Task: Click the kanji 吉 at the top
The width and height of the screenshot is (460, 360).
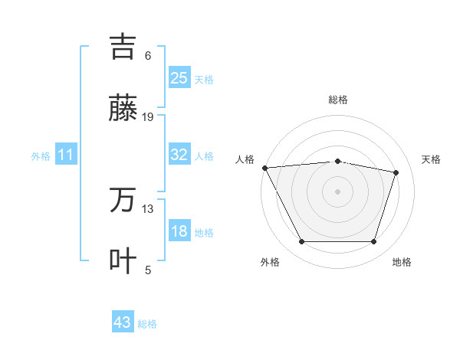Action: (x=123, y=47)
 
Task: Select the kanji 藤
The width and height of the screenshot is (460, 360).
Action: (x=123, y=110)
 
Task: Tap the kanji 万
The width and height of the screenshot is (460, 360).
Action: (x=123, y=201)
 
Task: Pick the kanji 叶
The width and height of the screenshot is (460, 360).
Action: (x=123, y=261)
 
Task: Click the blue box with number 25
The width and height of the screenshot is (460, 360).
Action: (x=179, y=77)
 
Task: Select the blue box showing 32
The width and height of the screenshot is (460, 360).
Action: (x=179, y=155)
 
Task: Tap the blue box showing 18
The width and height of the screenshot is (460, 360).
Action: (x=179, y=231)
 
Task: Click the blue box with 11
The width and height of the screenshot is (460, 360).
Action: (x=66, y=155)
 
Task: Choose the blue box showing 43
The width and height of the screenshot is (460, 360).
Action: (x=123, y=322)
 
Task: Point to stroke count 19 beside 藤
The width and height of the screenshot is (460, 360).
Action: (x=148, y=117)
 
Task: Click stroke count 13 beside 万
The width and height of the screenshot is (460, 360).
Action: (x=148, y=208)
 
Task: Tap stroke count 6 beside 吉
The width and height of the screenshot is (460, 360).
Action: (x=148, y=56)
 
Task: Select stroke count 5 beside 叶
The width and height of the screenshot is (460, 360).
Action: (x=148, y=270)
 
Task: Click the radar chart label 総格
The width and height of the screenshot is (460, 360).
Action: (x=338, y=100)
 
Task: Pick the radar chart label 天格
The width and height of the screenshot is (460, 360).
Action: (x=431, y=159)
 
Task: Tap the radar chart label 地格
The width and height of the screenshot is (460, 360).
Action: (x=402, y=262)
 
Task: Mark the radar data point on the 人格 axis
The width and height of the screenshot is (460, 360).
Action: (x=264, y=168)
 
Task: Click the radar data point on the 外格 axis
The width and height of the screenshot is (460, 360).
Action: (x=301, y=242)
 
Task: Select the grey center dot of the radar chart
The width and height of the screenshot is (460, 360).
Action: (x=338, y=191)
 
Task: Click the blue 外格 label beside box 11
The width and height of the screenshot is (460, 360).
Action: (x=41, y=156)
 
